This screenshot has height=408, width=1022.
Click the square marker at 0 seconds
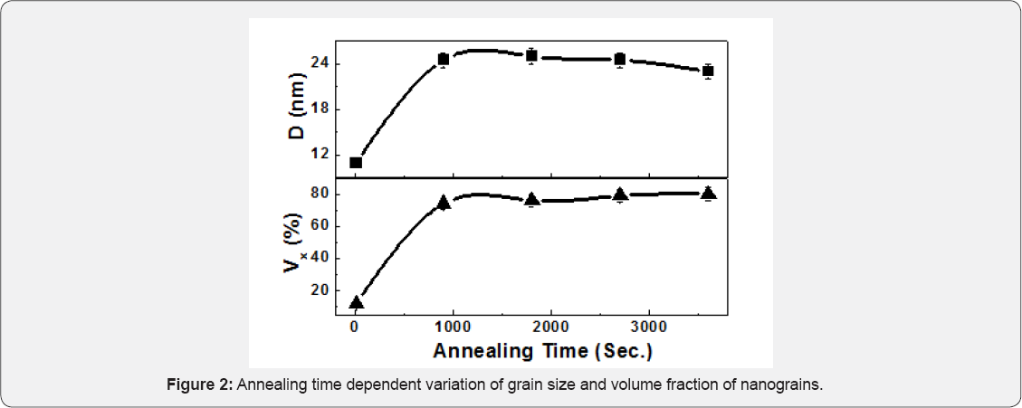(x=356, y=163)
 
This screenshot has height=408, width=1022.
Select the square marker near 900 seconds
(x=444, y=60)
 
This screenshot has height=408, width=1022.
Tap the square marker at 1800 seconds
(x=532, y=56)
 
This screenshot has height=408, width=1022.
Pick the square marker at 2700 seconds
(x=620, y=60)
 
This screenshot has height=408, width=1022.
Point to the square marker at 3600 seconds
(x=708, y=71)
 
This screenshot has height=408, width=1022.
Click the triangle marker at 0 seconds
(x=356, y=303)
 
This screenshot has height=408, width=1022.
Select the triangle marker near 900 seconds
(x=444, y=204)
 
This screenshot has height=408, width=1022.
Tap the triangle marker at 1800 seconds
(x=532, y=200)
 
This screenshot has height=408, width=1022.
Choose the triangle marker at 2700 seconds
(x=620, y=195)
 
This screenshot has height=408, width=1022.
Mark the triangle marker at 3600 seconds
(x=708, y=193)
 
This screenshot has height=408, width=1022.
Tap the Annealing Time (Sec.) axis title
(x=543, y=350)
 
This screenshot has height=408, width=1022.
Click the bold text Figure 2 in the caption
(x=201, y=385)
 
